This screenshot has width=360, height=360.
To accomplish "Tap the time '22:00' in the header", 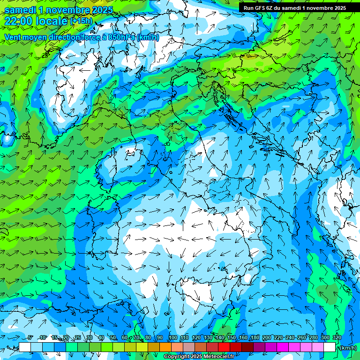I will point(19,21).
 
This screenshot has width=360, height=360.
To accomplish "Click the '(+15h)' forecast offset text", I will point(81,21).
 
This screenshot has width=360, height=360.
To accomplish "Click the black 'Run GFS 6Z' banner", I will point(294,7).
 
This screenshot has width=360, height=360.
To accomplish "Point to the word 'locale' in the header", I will point(51,21).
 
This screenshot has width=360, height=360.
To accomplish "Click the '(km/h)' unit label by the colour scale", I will point(348,348).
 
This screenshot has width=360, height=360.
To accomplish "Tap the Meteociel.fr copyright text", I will point(199,357).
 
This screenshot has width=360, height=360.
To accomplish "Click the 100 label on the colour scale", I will point(172,337).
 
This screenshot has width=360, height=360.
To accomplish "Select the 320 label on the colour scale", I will point(337,337).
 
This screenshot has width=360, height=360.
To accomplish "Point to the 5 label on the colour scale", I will point(30,337).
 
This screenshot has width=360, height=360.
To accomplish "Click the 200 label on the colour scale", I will point(266,337).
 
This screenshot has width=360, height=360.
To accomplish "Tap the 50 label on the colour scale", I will point(112,337).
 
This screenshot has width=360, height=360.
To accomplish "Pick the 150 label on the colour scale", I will point(231,337).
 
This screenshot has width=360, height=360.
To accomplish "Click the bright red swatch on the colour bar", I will point(225,347).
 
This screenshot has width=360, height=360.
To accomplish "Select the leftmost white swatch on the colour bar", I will point(25,347).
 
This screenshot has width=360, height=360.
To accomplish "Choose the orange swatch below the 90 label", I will point(165,347).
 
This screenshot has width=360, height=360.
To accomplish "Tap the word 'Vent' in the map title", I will point(13,37).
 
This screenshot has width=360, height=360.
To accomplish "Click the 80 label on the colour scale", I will point(148,337).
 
